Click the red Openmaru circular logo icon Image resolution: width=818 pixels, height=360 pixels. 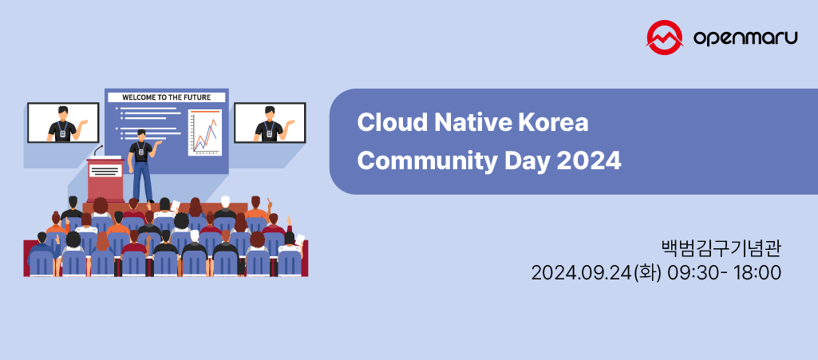tap(666, 38)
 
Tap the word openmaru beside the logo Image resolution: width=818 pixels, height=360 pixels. tap(745, 38)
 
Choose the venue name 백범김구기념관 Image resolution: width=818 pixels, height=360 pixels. tap(721, 247)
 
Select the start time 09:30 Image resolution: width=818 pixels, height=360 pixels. tap(690, 273)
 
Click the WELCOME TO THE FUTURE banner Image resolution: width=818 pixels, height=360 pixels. tap(166, 97)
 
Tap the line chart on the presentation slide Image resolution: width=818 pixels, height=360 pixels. tap(204, 133)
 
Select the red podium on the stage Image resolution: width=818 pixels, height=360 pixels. tap(105, 180)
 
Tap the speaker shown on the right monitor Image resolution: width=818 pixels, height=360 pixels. tap(270, 124)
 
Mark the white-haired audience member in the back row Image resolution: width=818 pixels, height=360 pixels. tap(225, 203)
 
